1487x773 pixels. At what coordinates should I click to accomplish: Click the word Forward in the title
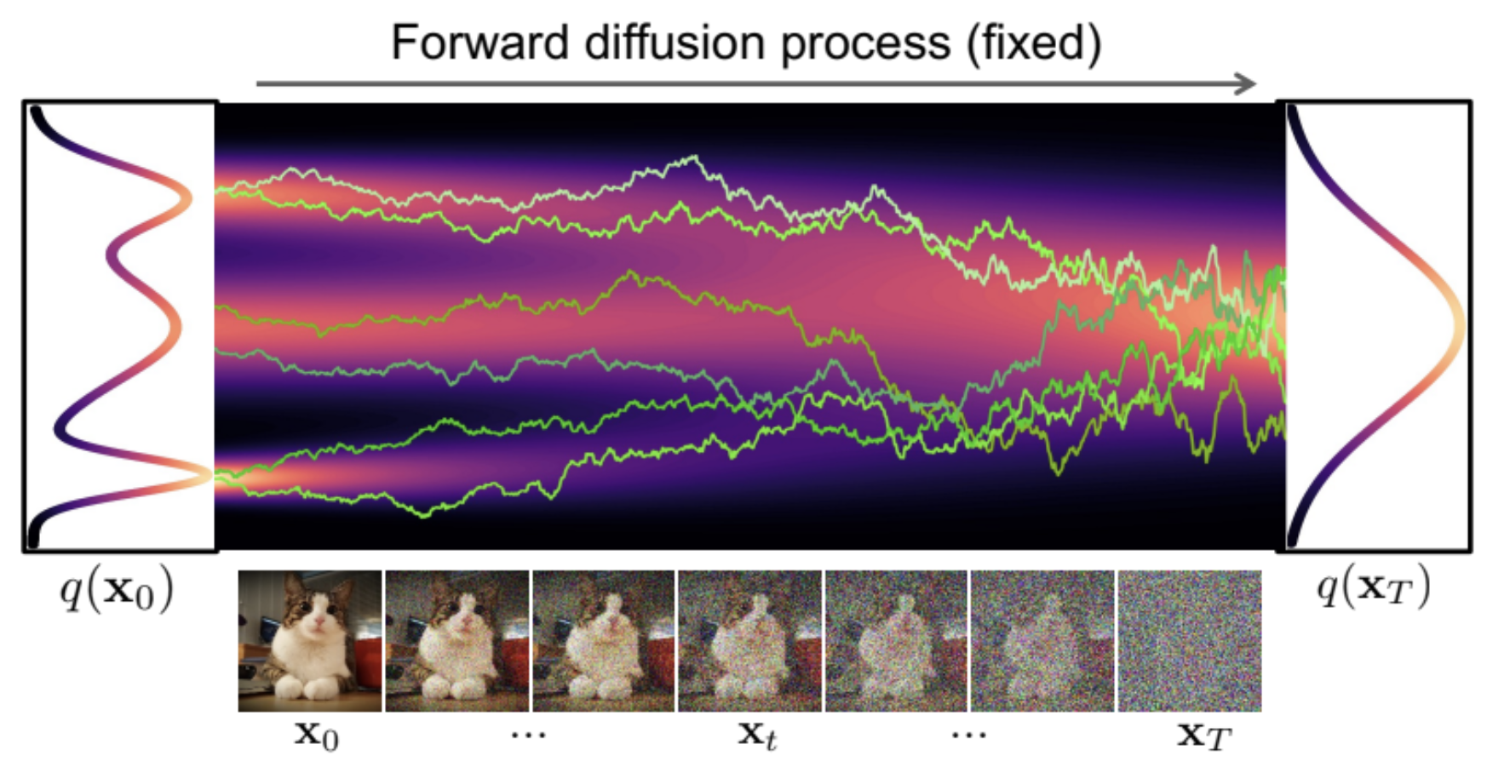pyautogui.click(x=479, y=43)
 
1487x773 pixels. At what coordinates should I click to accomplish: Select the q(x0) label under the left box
pyautogui.click(x=117, y=589)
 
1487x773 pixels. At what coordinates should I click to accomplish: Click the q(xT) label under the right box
pyautogui.click(x=1374, y=587)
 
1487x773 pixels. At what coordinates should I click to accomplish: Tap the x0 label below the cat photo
pyautogui.click(x=317, y=735)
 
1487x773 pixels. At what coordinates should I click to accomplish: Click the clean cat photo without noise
pyautogui.click(x=310, y=641)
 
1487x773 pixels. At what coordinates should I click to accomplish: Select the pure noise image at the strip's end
pyautogui.click(x=1190, y=641)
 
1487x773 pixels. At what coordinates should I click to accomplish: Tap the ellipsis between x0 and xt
pyautogui.click(x=528, y=734)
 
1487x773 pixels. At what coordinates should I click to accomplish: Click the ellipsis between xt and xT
pyautogui.click(x=969, y=734)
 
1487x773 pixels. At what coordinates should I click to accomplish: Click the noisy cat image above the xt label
pyautogui.click(x=749, y=641)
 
